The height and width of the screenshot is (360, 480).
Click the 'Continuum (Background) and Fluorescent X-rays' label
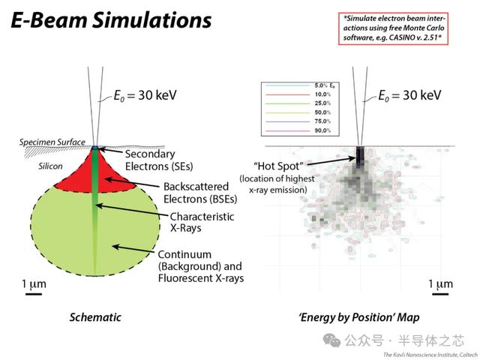click(x=200, y=265)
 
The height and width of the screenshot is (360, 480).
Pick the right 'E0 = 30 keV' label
click(x=409, y=95)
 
